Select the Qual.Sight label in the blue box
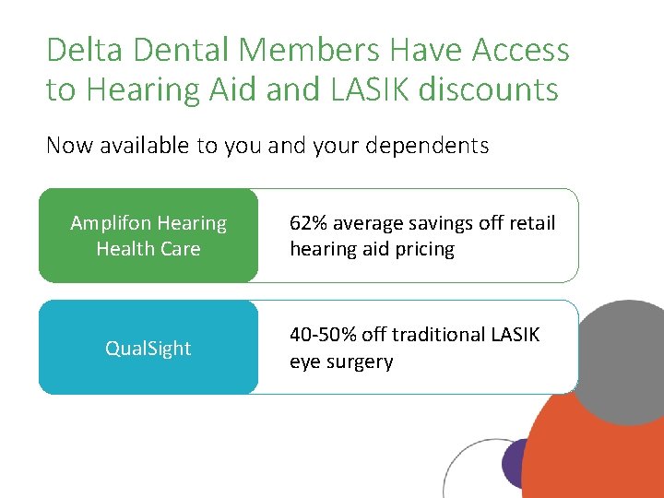click(148, 349)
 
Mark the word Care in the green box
click(180, 249)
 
